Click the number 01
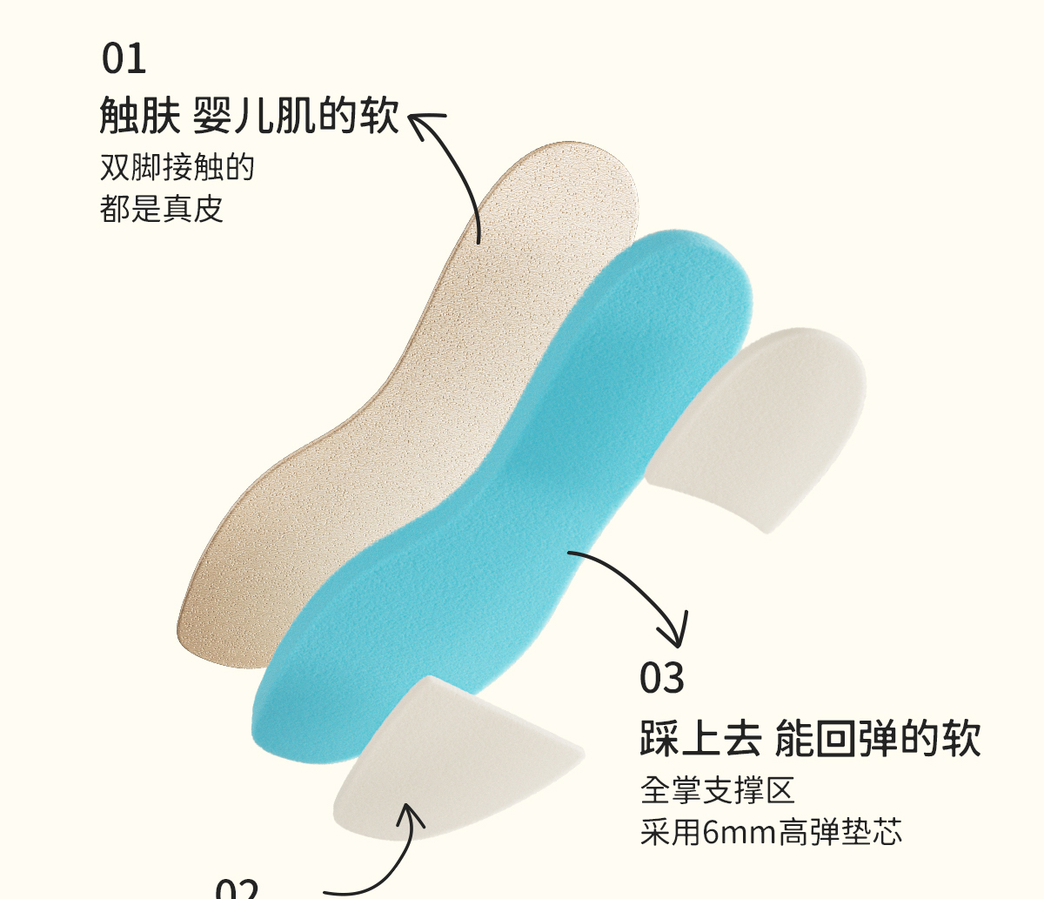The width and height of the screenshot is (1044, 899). [124, 58]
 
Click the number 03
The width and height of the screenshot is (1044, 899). [662, 679]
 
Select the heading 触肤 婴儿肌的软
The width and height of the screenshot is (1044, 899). [250, 116]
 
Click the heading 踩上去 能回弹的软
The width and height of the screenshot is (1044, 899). [810, 738]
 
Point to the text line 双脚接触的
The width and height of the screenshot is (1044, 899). [177, 167]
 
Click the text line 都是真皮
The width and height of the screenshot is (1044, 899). [162, 209]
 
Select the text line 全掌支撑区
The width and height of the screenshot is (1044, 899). [718, 790]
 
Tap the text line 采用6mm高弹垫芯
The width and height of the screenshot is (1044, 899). [771, 832]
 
